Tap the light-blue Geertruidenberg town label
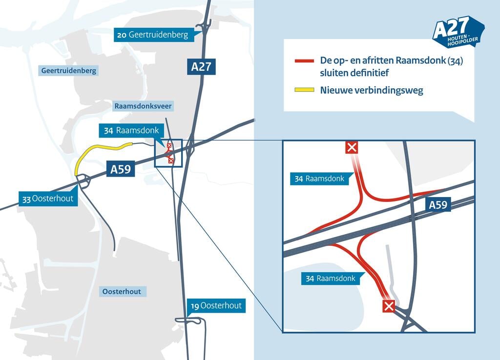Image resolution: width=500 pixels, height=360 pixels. tap(69, 71)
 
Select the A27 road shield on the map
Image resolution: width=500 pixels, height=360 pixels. tap(201, 66)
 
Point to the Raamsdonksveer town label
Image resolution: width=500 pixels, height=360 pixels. tap(143, 106)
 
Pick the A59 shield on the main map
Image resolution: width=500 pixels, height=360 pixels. tap(120, 170)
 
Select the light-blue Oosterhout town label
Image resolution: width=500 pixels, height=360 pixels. tap(122, 292)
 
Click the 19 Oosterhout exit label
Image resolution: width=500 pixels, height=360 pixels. tap(216, 306)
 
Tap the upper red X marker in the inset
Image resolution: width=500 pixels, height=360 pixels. tap(352, 147)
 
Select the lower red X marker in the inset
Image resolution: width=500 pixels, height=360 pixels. tap(389, 306)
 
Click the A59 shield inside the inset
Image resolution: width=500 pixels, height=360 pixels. tap(438, 205)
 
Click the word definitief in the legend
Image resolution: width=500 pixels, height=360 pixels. tap(366, 73)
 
